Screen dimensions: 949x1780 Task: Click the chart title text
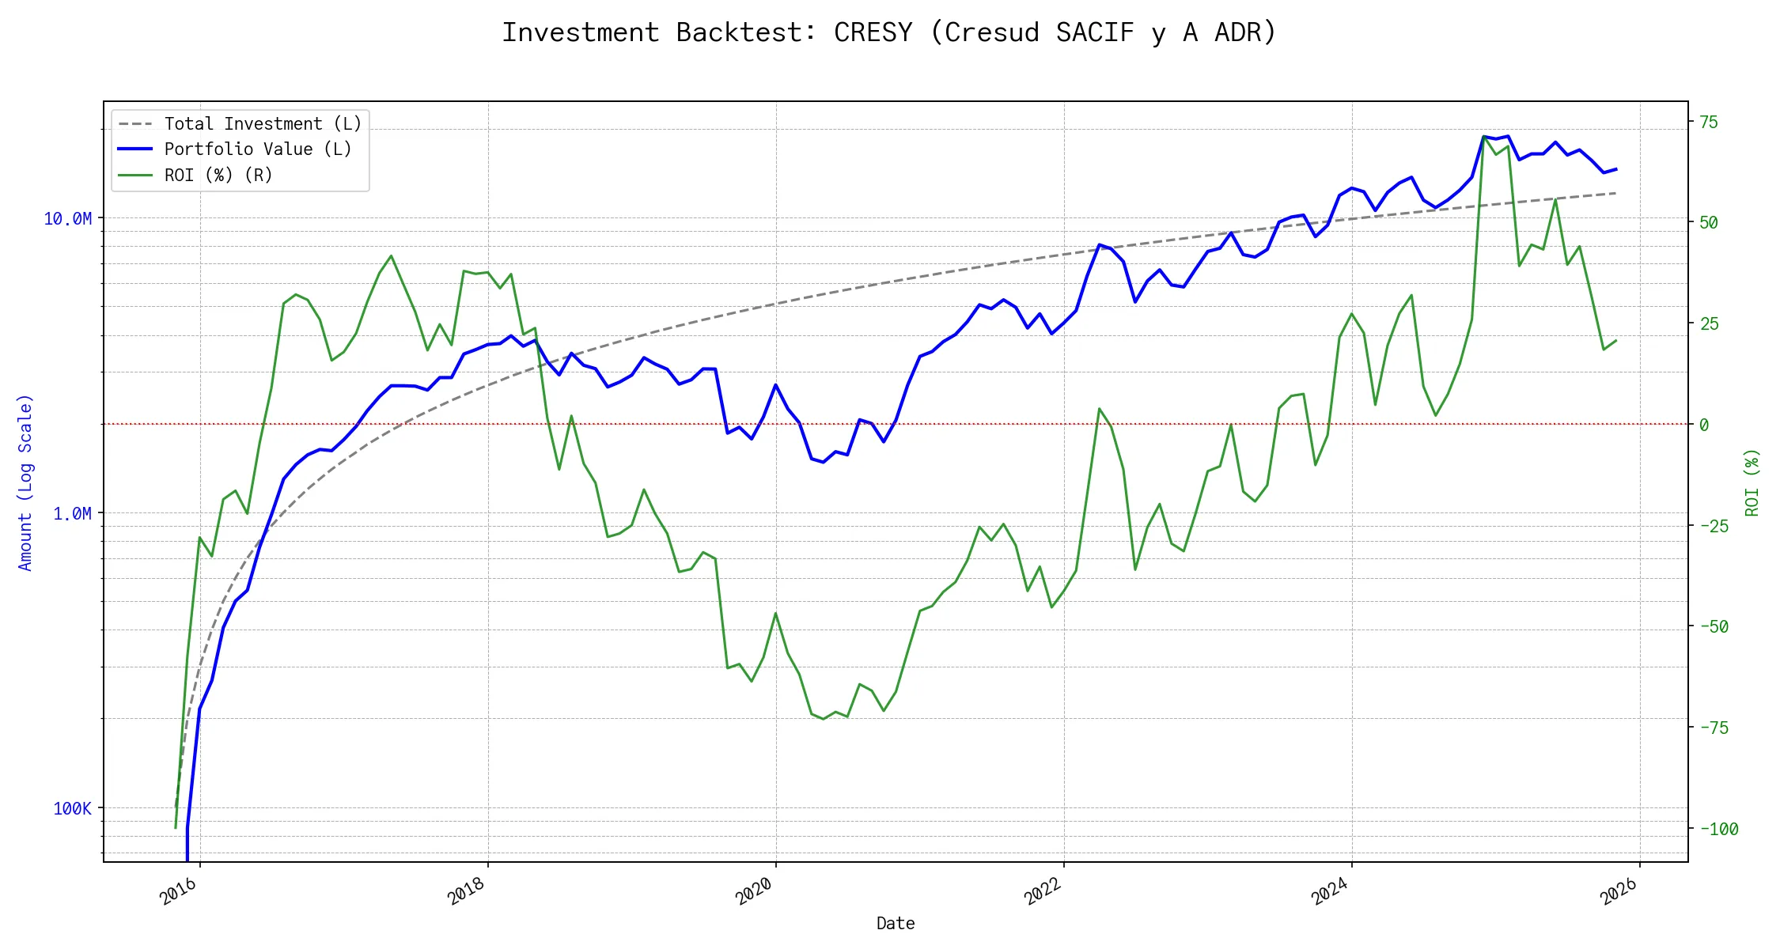[x=889, y=33]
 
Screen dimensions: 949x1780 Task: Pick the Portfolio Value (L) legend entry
[x=258, y=149]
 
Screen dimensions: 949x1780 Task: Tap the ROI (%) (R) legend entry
[x=218, y=175]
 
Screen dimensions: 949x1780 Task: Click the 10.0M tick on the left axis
[x=67, y=219]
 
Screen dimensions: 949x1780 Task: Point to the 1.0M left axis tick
[x=72, y=514]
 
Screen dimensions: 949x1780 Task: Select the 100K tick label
[x=72, y=808]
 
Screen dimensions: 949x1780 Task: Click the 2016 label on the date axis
[x=179, y=891]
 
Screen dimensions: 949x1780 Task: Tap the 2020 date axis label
[x=754, y=891]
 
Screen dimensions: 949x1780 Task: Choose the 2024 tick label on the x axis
[x=1330, y=891]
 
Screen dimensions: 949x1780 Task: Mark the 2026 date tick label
[x=1619, y=891]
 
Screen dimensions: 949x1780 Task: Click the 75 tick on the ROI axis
[x=1710, y=122]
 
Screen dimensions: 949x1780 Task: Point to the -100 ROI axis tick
[x=1719, y=829]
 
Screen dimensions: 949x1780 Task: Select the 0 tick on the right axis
[x=1704, y=425]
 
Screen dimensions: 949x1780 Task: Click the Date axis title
[x=896, y=924]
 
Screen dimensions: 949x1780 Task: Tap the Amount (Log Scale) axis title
[x=25, y=482]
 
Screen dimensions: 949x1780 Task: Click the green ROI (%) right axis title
[x=1752, y=482]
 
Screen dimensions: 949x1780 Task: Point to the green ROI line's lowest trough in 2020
[x=824, y=719]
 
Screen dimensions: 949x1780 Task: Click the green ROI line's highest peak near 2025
[x=1484, y=137]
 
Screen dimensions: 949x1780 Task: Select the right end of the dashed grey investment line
[x=1615, y=193]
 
